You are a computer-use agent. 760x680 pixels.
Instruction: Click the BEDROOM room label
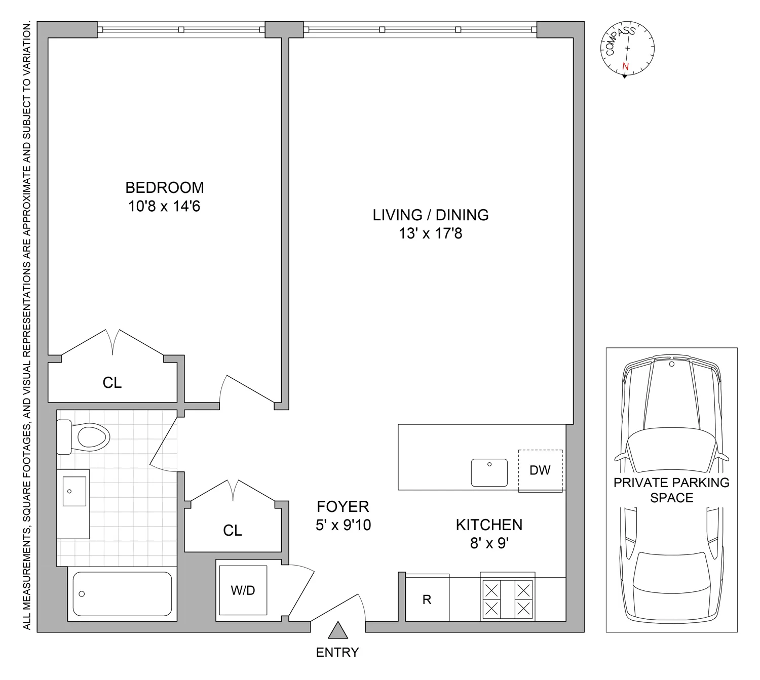click(x=165, y=188)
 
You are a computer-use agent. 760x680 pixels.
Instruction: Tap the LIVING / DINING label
click(x=430, y=215)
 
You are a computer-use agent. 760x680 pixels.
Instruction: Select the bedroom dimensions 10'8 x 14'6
click(x=164, y=207)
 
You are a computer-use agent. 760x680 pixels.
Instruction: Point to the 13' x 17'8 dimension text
click(x=430, y=233)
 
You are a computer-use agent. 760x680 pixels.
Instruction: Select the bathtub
click(x=122, y=594)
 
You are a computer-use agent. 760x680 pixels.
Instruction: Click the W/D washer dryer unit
click(x=243, y=590)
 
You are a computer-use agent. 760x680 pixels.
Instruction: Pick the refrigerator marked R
click(x=427, y=599)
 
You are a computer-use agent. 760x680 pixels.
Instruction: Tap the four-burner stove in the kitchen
click(x=507, y=599)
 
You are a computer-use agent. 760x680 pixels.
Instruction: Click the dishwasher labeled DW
click(x=540, y=470)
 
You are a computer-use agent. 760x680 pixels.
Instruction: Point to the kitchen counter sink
click(x=489, y=472)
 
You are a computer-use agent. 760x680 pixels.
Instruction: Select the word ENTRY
click(x=337, y=653)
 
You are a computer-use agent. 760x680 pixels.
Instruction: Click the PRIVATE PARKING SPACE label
click(x=671, y=490)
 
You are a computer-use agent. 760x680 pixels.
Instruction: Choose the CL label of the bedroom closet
click(x=112, y=383)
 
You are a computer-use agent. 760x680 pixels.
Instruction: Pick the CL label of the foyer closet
click(x=233, y=530)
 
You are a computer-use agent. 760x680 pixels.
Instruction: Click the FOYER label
click(x=343, y=506)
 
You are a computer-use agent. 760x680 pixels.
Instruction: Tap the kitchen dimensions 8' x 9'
click(x=489, y=543)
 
